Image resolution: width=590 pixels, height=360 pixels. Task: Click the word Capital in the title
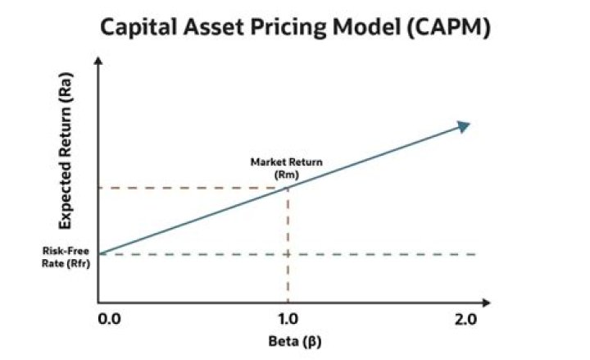point(135,28)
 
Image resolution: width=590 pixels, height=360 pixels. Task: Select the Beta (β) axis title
point(287,339)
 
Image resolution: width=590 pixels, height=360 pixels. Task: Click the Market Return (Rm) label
point(286,167)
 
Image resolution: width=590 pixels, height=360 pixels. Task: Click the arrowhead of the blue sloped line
point(464,125)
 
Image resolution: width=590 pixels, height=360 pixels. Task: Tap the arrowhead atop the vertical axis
point(98,62)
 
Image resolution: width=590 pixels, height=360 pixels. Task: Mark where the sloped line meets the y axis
point(99,253)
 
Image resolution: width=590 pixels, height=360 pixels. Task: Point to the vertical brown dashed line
point(287,246)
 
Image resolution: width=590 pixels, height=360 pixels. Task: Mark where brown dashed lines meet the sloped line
point(287,188)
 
